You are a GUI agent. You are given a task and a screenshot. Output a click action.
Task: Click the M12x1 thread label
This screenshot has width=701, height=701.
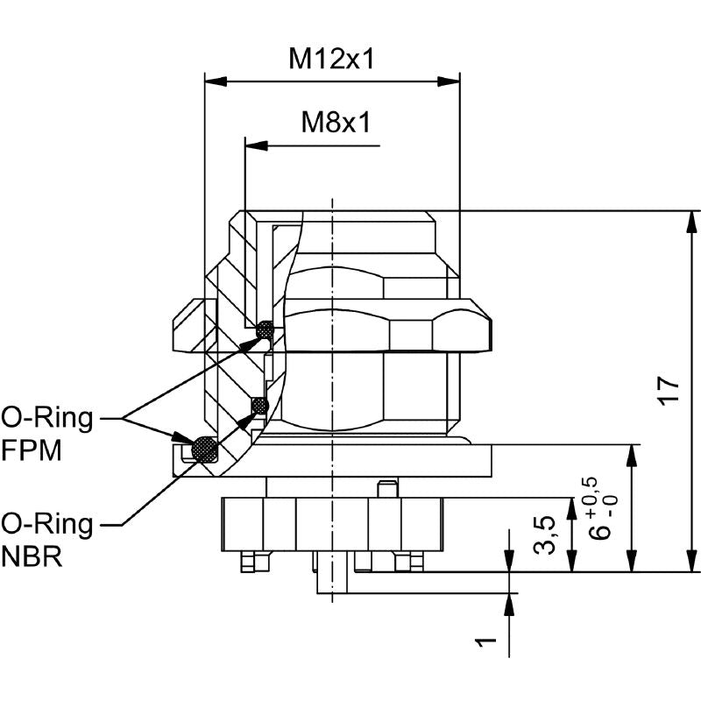tap(332, 60)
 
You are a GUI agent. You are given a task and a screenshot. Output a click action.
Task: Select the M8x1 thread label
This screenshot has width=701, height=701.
tap(336, 122)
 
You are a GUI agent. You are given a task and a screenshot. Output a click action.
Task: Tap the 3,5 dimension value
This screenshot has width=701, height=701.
tap(545, 535)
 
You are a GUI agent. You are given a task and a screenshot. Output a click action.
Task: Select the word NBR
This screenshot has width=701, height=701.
tap(32, 557)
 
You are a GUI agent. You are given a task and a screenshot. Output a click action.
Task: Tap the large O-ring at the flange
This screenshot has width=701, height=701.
tap(205, 448)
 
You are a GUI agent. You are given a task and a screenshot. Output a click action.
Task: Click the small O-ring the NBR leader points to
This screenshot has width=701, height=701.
tap(258, 405)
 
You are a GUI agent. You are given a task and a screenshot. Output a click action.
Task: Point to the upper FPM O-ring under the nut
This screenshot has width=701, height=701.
tap(265, 329)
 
